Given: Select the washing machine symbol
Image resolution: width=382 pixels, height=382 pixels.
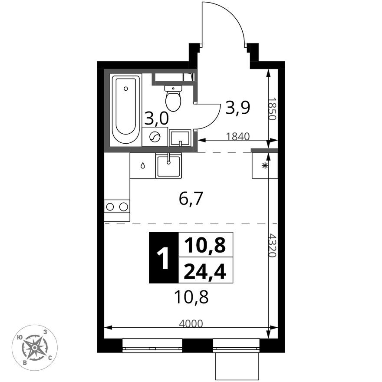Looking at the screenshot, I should pos(155,138).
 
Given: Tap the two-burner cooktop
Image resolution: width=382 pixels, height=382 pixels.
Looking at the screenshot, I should pos(117,206).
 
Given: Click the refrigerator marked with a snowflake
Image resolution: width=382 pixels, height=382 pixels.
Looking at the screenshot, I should pos(264,165).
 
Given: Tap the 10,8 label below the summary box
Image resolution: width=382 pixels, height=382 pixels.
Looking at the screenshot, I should pos(191,297).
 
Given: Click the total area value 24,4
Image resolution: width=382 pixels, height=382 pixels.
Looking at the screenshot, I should pos(205,272).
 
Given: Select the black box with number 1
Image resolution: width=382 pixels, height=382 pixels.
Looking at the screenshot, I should pos(164,257).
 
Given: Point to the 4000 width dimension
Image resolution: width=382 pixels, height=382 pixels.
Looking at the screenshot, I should pos(191,323).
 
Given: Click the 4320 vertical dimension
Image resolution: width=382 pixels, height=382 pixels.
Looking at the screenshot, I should pos(272,245).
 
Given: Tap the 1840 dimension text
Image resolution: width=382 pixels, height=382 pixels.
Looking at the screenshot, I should pos(237,136).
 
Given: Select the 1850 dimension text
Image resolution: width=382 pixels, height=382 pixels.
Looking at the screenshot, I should pos(272,109).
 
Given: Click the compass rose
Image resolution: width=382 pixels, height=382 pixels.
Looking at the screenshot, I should pos(35,347).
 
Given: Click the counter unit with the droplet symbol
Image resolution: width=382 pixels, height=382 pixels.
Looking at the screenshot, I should pos(142,165).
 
